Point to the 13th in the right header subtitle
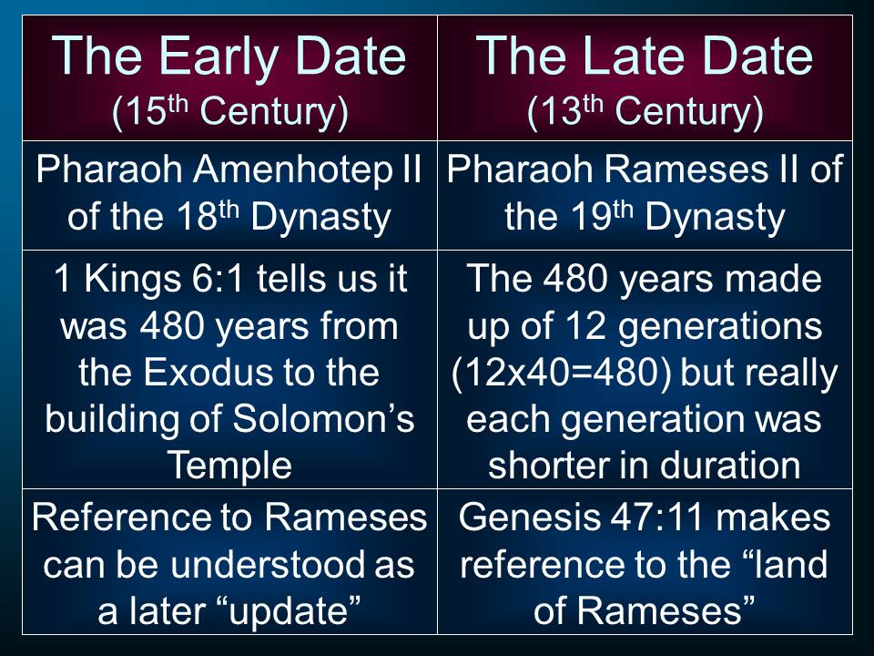566,110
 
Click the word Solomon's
323,418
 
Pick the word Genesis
530,518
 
